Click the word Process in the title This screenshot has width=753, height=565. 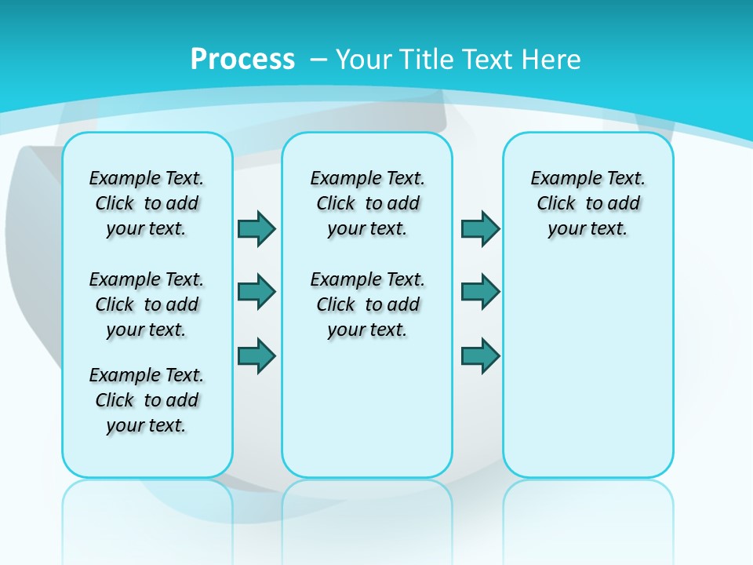(242, 59)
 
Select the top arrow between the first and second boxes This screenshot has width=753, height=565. (256, 228)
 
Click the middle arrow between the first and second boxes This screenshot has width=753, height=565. (256, 292)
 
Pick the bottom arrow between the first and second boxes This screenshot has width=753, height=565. (256, 355)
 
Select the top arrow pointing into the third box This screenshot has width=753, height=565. (480, 228)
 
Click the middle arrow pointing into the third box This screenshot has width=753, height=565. (480, 292)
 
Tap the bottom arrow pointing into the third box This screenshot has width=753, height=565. (480, 355)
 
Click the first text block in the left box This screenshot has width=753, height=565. (147, 203)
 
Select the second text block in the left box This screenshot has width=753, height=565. (147, 304)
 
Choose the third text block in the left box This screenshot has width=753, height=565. (147, 400)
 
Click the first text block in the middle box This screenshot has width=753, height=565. (367, 203)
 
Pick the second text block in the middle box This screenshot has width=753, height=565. (367, 304)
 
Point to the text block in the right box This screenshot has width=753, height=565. (588, 203)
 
